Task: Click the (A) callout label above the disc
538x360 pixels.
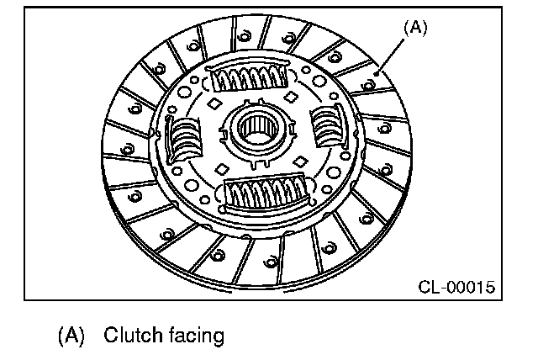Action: [x=415, y=27]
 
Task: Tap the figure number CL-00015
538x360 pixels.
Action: [x=456, y=288]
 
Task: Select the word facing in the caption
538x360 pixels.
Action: [x=195, y=336]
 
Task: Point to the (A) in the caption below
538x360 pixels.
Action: [x=72, y=336]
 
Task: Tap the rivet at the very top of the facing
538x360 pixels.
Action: [x=244, y=35]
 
